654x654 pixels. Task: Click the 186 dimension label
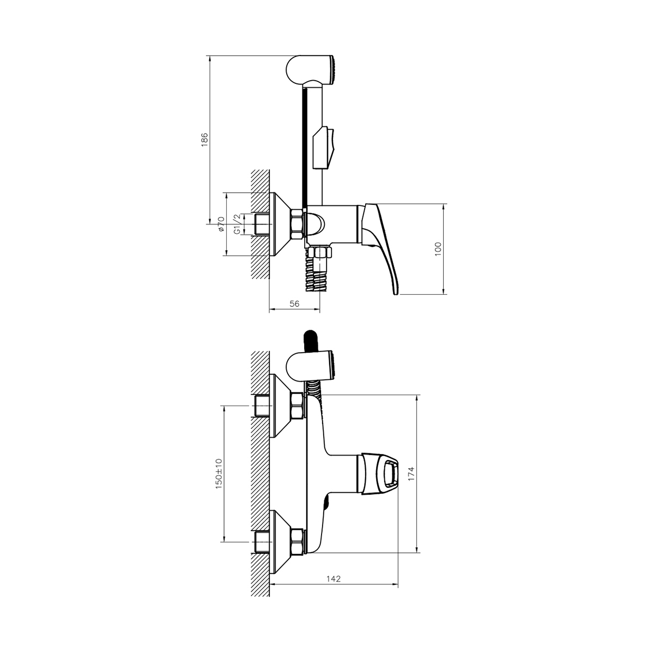pos(204,140)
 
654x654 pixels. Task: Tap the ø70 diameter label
pos(221,224)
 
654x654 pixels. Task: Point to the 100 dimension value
pos(438,249)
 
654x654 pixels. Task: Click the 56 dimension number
pos(295,304)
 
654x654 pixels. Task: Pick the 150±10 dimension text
pos(219,474)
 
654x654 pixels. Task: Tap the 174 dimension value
pos(411,474)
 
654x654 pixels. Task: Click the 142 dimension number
pos(334,579)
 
